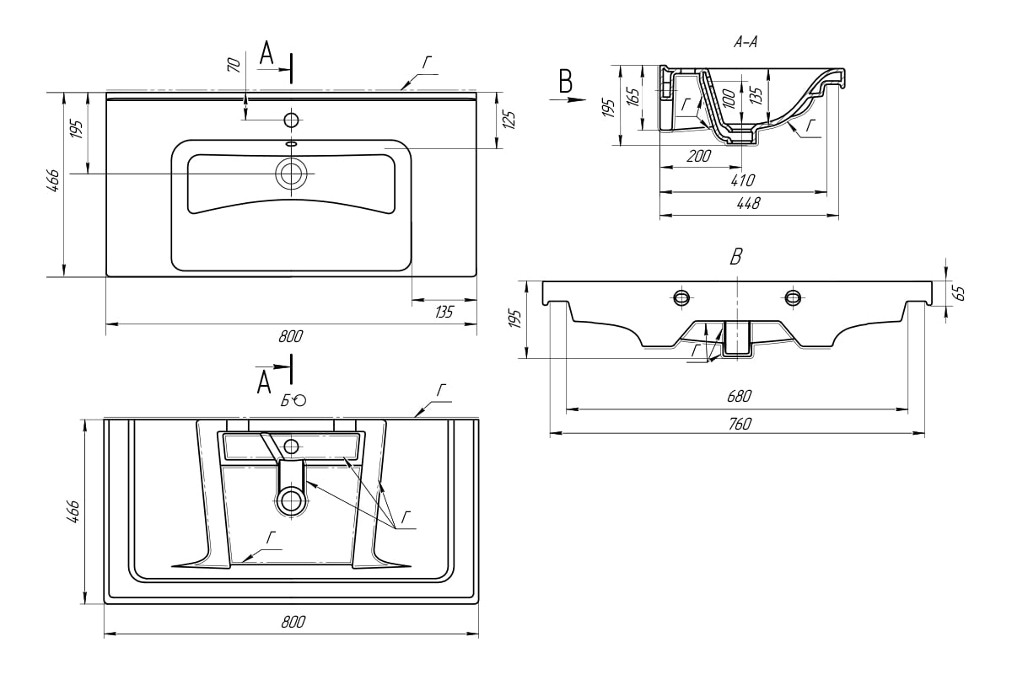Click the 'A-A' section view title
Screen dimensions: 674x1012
pos(746,43)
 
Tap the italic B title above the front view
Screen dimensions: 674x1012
pos(736,258)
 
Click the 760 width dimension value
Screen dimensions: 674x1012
pos(738,424)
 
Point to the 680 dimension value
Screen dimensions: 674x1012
pos(738,396)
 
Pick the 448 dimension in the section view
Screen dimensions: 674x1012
pos(749,203)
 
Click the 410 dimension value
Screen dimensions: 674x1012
pos(743,179)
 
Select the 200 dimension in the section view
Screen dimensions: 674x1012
pos(699,156)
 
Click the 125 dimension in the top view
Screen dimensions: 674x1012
pos(508,119)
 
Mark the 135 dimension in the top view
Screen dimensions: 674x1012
pos(444,312)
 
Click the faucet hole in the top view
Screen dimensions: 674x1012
pos(292,120)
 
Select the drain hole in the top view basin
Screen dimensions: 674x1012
pos(292,174)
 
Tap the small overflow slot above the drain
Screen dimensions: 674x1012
pos(292,144)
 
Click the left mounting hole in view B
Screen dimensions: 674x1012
pos(681,297)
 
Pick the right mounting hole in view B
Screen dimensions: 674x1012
pos(793,297)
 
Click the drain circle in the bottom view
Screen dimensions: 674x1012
pos(292,500)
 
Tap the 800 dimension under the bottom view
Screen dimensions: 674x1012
pos(292,623)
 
